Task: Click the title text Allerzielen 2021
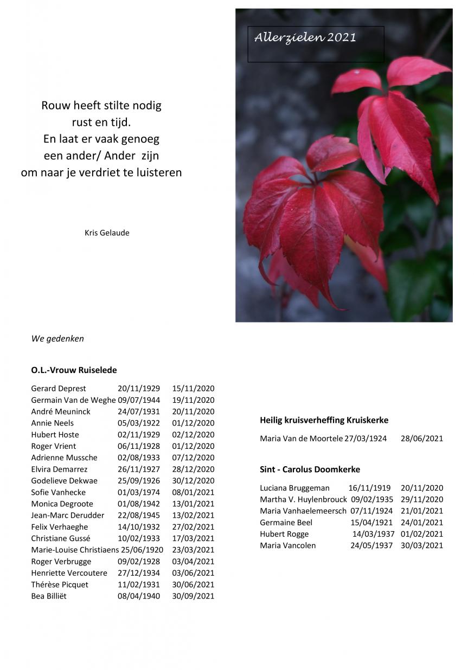pyautogui.click(x=305, y=37)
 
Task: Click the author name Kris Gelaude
pyautogui.click(x=107, y=233)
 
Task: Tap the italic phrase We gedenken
pyautogui.click(x=57, y=339)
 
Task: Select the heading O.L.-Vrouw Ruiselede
pyautogui.click(x=74, y=370)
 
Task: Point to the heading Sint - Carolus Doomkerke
pyautogui.click(x=310, y=469)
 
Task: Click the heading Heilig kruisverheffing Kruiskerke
pyautogui.click(x=324, y=420)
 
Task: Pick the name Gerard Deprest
pyautogui.click(x=59, y=389)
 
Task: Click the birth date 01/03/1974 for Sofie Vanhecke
pyautogui.click(x=138, y=492)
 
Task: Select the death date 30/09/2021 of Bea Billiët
pyautogui.click(x=193, y=596)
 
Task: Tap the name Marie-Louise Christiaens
pyautogui.click(x=75, y=550)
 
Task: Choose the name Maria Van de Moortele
pyautogui.click(x=301, y=439)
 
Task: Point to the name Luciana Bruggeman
pyautogui.click(x=294, y=488)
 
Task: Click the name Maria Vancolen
pyautogui.click(x=287, y=545)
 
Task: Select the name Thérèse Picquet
pyautogui.click(x=60, y=584)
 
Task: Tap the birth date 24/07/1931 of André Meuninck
pyautogui.click(x=138, y=411)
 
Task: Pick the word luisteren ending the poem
pyautogui.click(x=160, y=173)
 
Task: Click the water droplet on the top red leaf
pyautogui.click(x=356, y=72)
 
